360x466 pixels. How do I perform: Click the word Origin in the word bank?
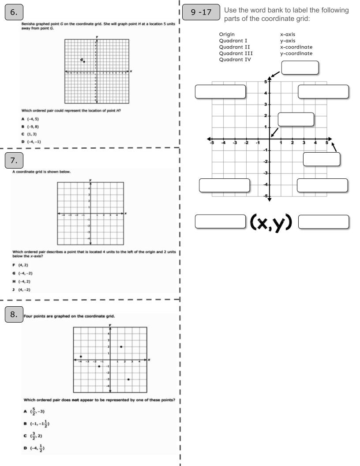coord(227,34)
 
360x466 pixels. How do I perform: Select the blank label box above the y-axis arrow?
coord(300,68)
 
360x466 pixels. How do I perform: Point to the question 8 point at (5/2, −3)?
coord(128,380)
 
